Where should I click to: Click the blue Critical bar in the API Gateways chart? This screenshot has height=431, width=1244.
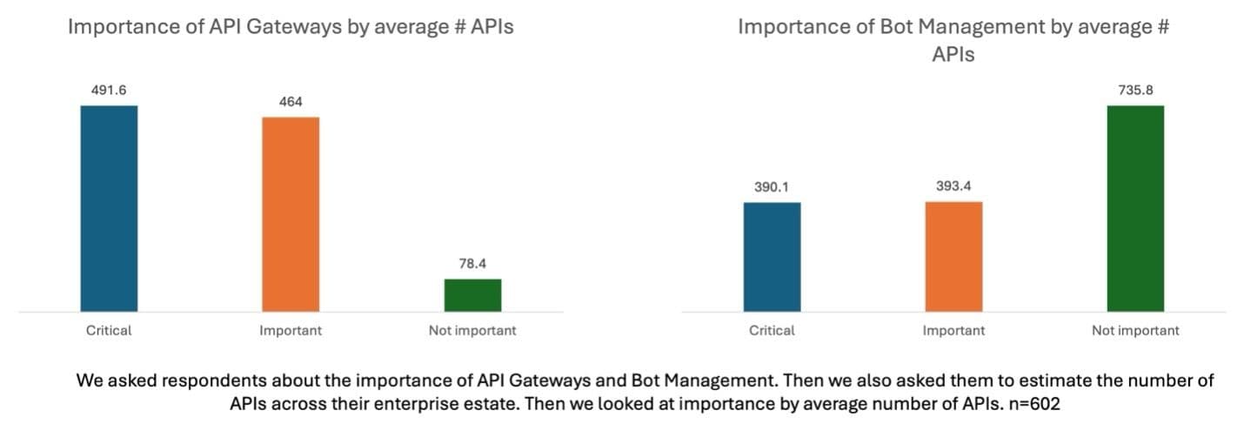click(x=109, y=208)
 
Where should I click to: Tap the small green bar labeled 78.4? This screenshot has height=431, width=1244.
click(x=472, y=294)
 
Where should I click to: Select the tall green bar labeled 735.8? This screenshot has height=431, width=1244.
click(x=1135, y=208)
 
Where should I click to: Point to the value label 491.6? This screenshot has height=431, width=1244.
click(x=109, y=90)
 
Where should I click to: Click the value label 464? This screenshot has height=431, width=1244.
click(x=291, y=102)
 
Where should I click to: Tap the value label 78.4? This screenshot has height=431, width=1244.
click(x=472, y=264)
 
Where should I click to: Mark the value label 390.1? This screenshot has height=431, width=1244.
click(x=772, y=187)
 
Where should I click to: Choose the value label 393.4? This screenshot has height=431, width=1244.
click(x=953, y=186)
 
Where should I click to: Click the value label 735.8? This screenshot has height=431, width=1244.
click(x=1135, y=90)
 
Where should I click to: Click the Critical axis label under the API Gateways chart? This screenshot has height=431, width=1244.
click(x=109, y=331)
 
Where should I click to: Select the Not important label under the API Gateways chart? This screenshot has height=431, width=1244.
click(x=472, y=331)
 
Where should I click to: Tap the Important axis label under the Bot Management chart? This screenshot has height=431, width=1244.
click(x=953, y=331)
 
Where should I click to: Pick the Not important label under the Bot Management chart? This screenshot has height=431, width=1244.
click(x=1135, y=331)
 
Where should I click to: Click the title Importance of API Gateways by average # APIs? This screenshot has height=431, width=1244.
click(x=291, y=26)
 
